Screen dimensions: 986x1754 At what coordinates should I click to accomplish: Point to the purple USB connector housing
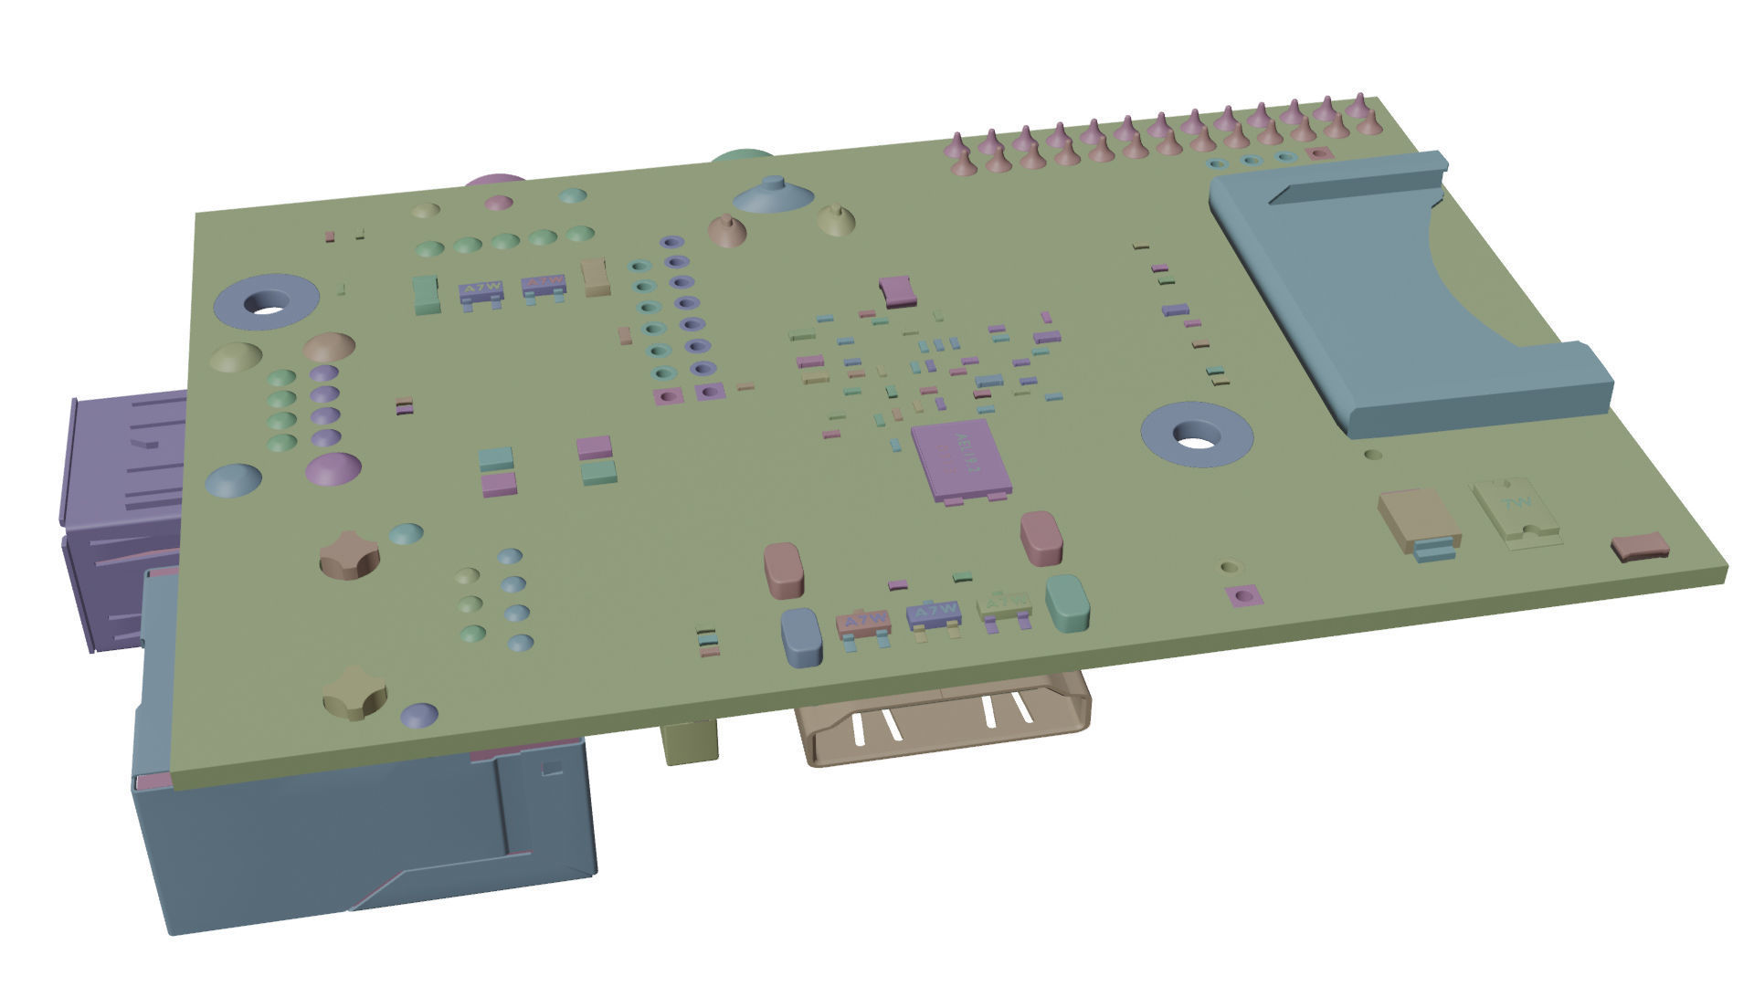(x=119, y=511)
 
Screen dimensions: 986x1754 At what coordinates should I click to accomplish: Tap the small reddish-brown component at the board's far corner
(x=1640, y=547)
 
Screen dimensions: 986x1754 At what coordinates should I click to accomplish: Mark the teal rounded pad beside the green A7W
(x=1067, y=602)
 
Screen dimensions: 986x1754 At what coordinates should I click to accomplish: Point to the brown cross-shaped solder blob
(x=349, y=553)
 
